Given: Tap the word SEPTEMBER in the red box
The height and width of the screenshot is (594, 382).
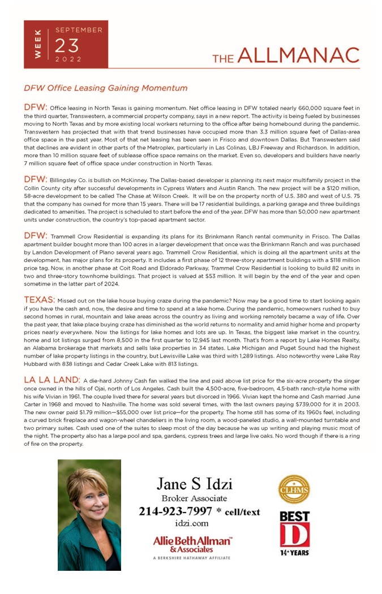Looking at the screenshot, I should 79,30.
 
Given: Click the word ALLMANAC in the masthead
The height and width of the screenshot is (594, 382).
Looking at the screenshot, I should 298,55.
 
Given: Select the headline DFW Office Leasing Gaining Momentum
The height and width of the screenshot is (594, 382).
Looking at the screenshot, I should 105,88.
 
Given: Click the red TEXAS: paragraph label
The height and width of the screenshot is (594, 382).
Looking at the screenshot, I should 39,299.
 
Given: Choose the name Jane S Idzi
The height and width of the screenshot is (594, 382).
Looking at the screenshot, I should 194,484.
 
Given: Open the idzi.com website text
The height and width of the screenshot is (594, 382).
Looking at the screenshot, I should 192,524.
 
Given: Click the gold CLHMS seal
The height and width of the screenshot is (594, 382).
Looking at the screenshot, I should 294,489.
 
